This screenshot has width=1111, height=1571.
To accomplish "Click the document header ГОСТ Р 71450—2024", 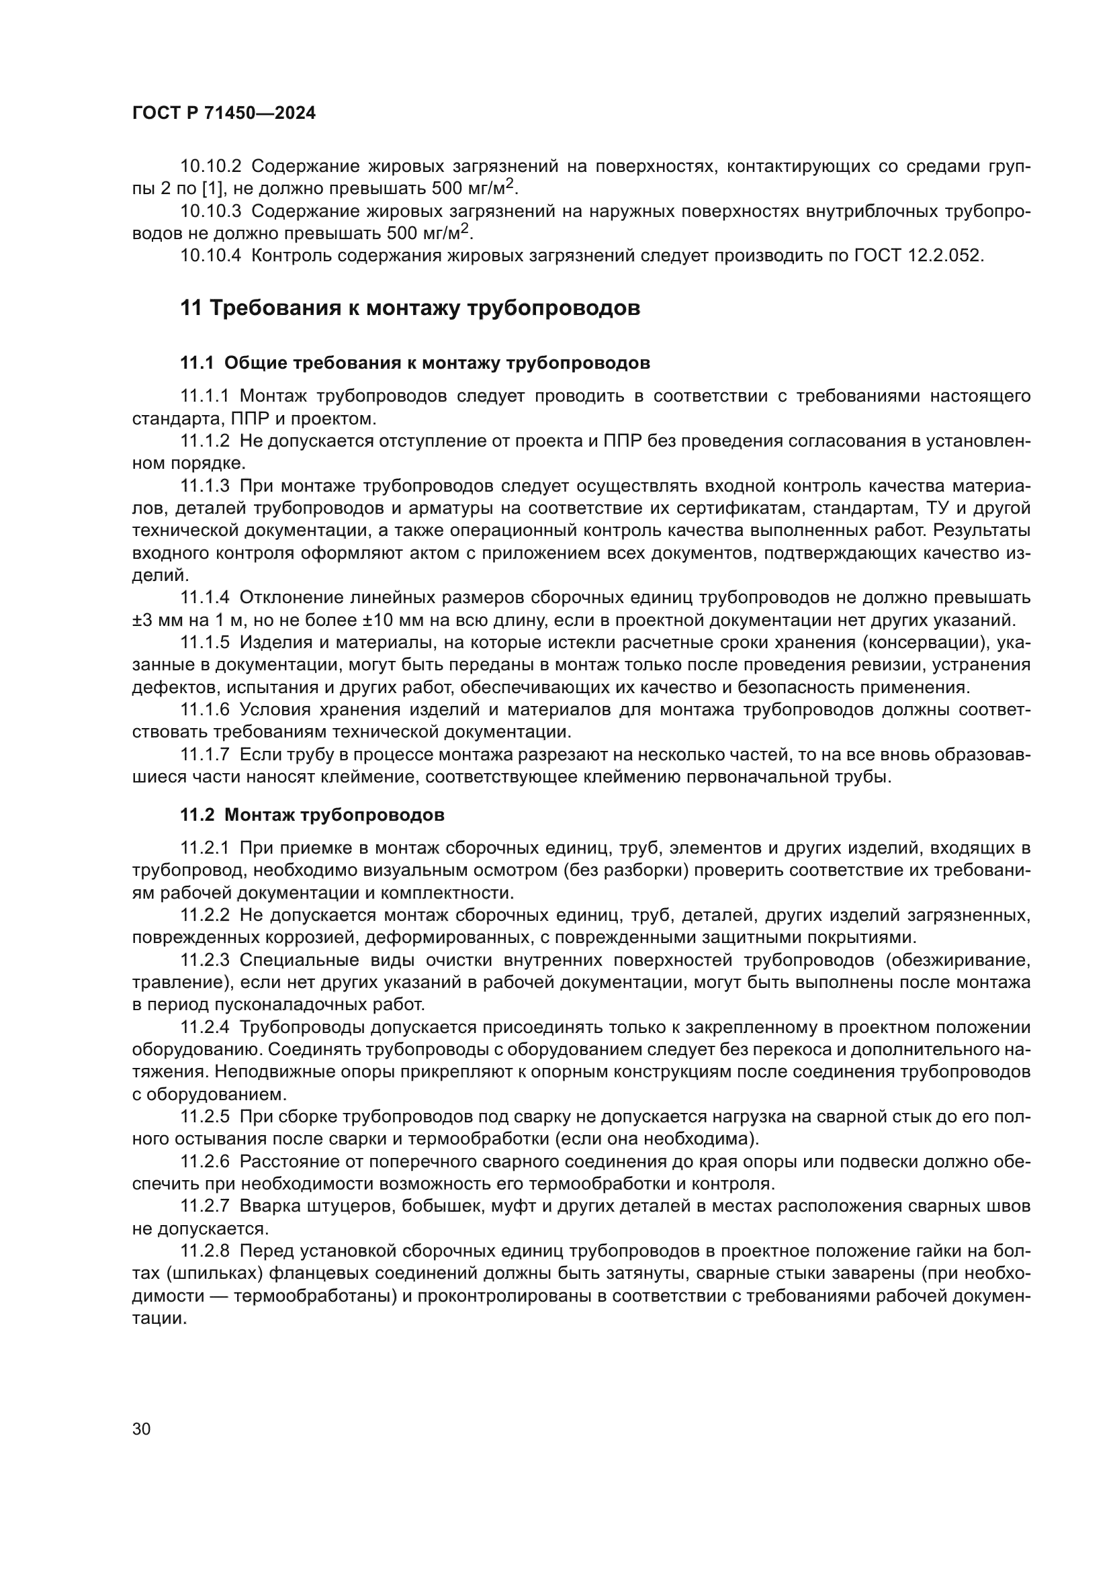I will (224, 114).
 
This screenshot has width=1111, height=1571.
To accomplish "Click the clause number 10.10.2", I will (211, 167).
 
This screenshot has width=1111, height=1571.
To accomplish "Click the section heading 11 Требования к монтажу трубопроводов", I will (410, 308).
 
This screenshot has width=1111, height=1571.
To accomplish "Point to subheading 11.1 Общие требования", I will (414, 363).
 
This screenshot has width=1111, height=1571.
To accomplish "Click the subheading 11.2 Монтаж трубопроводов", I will (312, 815).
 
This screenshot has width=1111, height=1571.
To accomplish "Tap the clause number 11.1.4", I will (205, 597).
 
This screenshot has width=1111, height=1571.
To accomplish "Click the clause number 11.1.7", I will (205, 755).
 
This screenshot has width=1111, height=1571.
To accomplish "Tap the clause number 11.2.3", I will (205, 960).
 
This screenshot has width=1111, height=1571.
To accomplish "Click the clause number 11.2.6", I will (205, 1161).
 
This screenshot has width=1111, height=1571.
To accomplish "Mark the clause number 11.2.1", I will (205, 848).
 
